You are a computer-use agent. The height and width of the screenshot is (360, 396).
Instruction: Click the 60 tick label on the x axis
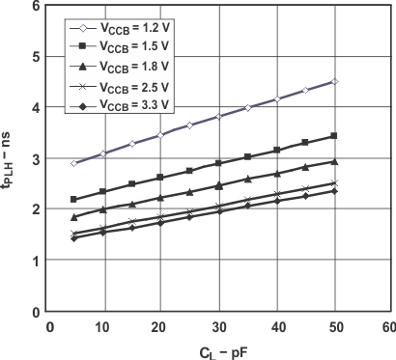click(388, 327)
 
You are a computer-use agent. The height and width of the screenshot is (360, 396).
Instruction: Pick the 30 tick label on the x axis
click(218, 327)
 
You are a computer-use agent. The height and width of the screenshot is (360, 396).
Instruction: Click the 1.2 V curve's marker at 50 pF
click(333, 81)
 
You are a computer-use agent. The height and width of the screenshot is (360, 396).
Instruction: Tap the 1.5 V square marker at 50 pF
click(333, 136)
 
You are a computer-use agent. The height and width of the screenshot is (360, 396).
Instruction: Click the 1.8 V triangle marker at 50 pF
click(333, 161)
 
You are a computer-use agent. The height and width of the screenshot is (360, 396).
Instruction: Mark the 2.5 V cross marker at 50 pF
click(333, 182)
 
